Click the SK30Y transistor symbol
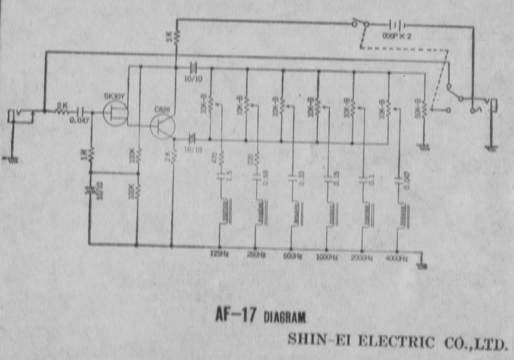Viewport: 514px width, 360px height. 115,112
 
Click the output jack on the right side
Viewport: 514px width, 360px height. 490,110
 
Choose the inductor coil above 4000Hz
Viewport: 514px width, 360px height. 403,212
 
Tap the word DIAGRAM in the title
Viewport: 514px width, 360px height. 289,316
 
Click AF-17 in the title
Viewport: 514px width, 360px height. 238,314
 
